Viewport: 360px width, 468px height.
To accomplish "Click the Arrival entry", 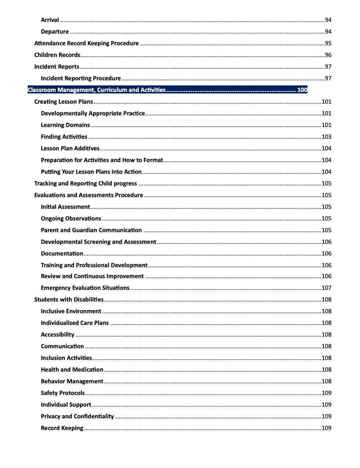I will [x=50, y=20].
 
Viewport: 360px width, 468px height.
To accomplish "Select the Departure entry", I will [x=55, y=32].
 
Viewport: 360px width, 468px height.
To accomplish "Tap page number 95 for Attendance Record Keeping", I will [x=328, y=43].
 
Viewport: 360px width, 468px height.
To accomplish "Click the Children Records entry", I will [x=57, y=55].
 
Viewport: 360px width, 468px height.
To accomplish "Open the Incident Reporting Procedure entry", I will [x=81, y=78].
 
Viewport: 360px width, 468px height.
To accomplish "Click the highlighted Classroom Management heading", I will [x=97, y=90].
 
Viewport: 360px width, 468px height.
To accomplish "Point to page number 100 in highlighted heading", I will [x=302, y=90].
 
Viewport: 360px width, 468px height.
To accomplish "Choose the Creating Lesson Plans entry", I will [x=64, y=102].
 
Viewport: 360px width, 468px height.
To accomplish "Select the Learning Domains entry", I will [x=65, y=125].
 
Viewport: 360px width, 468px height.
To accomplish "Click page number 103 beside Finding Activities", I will [x=326, y=137].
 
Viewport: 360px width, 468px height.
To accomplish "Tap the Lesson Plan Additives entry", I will [x=70, y=149].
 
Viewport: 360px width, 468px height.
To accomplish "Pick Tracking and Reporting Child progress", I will [x=85, y=184].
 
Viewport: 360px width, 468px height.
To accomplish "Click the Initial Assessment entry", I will [x=65, y=207].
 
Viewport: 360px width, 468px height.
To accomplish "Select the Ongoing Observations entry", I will [x=71, y=219].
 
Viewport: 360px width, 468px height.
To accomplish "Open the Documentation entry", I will [x=62, y=254].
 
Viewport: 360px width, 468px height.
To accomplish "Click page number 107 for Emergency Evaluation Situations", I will [x=326, y=288].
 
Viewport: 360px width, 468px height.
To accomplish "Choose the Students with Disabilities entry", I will [x=69, y=300].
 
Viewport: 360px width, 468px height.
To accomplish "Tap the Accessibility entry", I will [x=57, y=335].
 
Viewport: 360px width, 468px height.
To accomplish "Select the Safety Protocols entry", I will [x=63, y=393].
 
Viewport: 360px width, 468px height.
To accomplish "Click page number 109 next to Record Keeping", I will [x=326, y=428].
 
